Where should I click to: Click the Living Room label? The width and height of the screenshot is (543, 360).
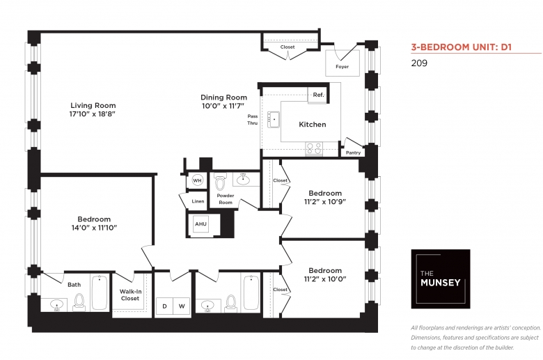click(x=93, y=105)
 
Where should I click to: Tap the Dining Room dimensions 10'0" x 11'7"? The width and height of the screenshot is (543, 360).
click(x=223, y=106)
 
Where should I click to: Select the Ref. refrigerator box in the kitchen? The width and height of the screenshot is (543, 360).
click(x=318, y=95)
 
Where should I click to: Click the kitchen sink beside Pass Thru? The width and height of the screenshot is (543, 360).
click(x=274, y=120)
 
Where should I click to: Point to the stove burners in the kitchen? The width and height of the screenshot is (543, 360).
click(x=314, y=148)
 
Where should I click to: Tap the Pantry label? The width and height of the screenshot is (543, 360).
click(x=353, y=152)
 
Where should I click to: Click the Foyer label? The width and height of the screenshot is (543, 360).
click(x=342, y=67)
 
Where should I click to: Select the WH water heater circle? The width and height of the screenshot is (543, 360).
click(x=197, y=180)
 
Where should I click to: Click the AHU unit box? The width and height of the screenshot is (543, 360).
click(x=201, y=224)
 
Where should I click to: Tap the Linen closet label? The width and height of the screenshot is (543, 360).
click(x=198, y=201)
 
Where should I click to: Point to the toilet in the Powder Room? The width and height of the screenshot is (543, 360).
click(x=220, y=182)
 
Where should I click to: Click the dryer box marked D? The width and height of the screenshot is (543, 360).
click(x=164, y=306)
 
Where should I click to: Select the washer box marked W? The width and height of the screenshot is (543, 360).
click(x=182, y=306)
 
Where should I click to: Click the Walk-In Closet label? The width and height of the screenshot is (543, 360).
click(x=130, y=295)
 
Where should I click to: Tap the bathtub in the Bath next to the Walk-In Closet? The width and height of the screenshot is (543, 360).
click(x=100, y=292)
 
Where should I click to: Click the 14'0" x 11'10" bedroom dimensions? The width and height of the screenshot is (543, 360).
click(x=94, y=228)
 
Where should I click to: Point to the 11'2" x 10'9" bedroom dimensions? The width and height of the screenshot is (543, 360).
click(x=325, y=202)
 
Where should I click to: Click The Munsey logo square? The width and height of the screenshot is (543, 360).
click(x=441, y=279)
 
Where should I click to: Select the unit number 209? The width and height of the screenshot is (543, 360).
click(x=419, y=63)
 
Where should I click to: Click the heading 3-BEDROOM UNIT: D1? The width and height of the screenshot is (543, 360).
click(x=462, y=47)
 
